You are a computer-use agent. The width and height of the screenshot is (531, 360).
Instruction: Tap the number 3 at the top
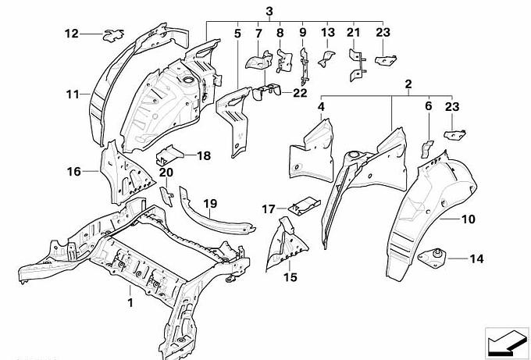coord(269,11)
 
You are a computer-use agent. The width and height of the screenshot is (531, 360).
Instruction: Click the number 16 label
coord(74,171)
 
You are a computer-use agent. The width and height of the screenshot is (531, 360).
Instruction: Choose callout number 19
coord(210,204)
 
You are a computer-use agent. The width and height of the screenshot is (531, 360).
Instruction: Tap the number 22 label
coord(301,94)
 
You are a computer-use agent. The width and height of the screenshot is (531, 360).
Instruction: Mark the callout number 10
coord(468,220)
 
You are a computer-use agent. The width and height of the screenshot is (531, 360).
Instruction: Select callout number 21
coord(354,33)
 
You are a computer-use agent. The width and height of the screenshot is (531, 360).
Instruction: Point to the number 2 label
coord(408,83)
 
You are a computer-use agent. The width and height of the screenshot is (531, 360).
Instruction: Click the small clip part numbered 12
coord(113,33)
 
